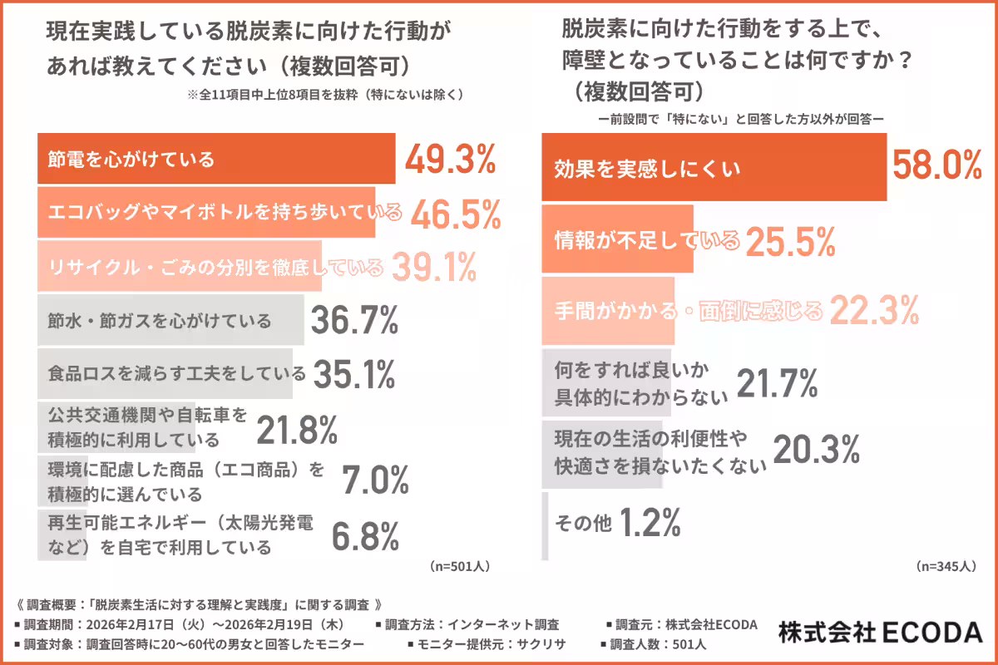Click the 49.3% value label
pos(450,160)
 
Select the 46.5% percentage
pos(456,214)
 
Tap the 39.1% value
pos(433,267)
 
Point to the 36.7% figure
pos(353,321)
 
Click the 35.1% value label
pos(353,375)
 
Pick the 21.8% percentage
pos(296,430)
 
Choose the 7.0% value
pos(375,480)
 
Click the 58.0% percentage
pos(936,167)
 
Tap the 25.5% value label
pos(789,241)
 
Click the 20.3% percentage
pos(816,450)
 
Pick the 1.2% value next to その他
pos(650,523)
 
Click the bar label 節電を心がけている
pos(131,159)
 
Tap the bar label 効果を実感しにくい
pos(647,170)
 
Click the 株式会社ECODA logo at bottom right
pos(881,633)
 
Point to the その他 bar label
pos(582,524)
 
